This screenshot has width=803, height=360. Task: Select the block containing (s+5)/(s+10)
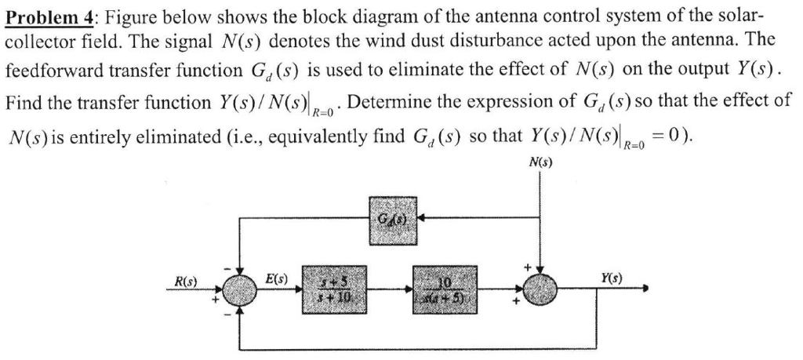pos(332,288)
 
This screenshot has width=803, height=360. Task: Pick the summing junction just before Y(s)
pos(539,288)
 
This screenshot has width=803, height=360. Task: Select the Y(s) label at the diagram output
pos(611,277)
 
